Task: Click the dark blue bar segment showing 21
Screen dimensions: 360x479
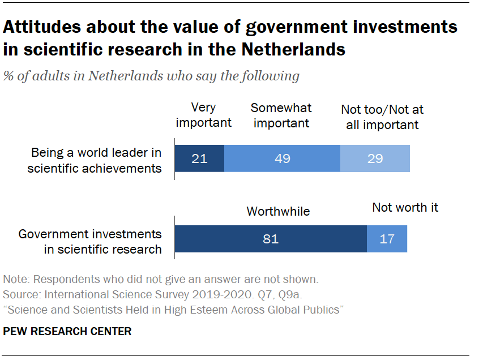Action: (199, 158)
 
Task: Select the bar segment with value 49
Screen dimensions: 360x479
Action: (282, 158)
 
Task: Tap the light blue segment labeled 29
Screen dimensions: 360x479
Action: (375, 158)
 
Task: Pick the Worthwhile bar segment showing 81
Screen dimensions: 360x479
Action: (271, 238)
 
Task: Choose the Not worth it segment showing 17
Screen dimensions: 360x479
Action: (387, 238)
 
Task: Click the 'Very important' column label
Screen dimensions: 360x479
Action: (204, 115)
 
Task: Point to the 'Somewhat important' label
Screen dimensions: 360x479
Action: (281, 115)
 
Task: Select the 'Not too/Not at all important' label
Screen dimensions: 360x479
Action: (382, 117)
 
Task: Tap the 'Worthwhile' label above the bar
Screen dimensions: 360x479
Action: (278, 211)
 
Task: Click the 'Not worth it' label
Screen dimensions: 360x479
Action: (405, 207)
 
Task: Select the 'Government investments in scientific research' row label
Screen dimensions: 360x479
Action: (90, 241)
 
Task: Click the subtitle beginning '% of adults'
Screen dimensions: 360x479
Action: (151, 76)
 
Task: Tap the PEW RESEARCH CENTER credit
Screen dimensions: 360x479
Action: (67, 332)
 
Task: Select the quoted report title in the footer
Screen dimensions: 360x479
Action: (173, 310)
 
